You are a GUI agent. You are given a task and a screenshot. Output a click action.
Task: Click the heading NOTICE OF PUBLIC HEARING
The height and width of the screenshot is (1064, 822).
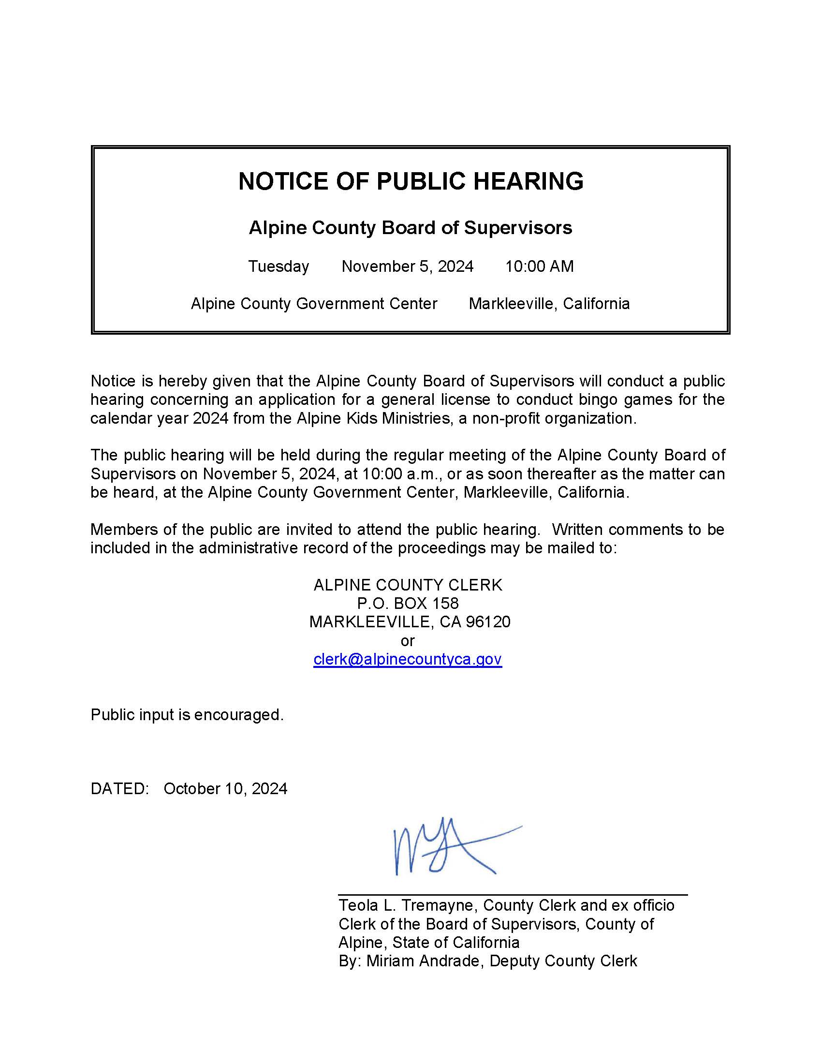coord(411,181)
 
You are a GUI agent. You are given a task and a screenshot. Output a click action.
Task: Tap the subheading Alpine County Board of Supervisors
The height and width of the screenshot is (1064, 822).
coord(411,227)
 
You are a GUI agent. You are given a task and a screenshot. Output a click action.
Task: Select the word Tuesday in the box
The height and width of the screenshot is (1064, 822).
coord(279,266)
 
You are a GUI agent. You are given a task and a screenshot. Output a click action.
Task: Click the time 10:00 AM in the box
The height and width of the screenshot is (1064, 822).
coord(539,266)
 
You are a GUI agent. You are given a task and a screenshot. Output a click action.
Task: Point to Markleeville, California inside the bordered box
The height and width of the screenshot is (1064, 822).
coord(549,304)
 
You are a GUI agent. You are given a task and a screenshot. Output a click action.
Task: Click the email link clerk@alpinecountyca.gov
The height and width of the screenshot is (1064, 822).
coord(408,659)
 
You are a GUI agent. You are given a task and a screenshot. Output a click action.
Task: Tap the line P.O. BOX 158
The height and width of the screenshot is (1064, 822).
coord(408,604)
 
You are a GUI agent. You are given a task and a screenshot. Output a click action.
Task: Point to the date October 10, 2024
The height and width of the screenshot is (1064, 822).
coord(225,789)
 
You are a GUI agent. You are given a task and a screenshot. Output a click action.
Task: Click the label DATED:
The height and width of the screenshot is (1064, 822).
coord(119,789)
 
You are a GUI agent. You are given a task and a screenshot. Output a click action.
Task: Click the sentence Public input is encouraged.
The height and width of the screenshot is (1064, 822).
coord(187,715)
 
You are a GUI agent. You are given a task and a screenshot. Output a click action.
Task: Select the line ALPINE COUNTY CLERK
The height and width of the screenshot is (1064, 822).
coord(408,585)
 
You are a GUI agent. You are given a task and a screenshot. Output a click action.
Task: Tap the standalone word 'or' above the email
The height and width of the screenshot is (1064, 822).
coord(408,641)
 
